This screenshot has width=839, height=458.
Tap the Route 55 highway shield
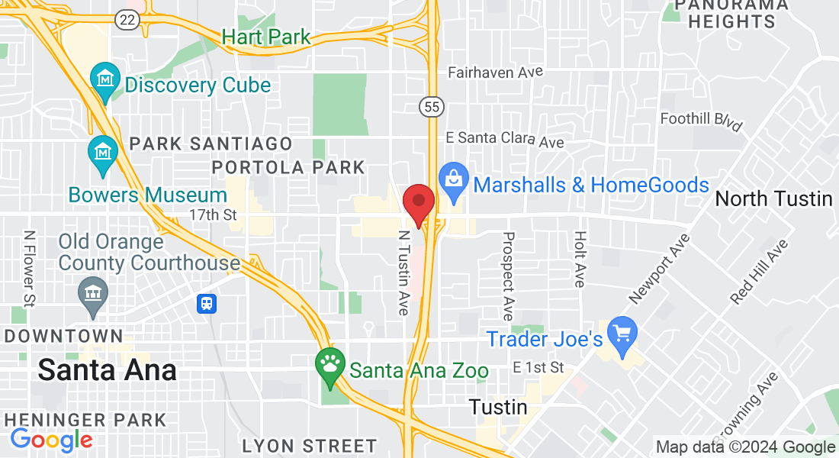click(x=432, y=108)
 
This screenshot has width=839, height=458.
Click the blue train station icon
click(x=207, y=304)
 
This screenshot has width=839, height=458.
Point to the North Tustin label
click(x=773, y=199)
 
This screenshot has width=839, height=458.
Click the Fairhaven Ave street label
click(x=495, y=73)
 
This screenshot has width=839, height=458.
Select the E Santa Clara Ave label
click(x=504, y=140)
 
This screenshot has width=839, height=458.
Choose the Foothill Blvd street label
click(x=701, y=119)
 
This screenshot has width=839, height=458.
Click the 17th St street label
click(x=213, y=215)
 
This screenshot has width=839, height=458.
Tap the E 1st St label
click(x=538, y=368)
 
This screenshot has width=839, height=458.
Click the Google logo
click(x=51, y=440)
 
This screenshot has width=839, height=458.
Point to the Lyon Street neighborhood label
click(x=309, y=446)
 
